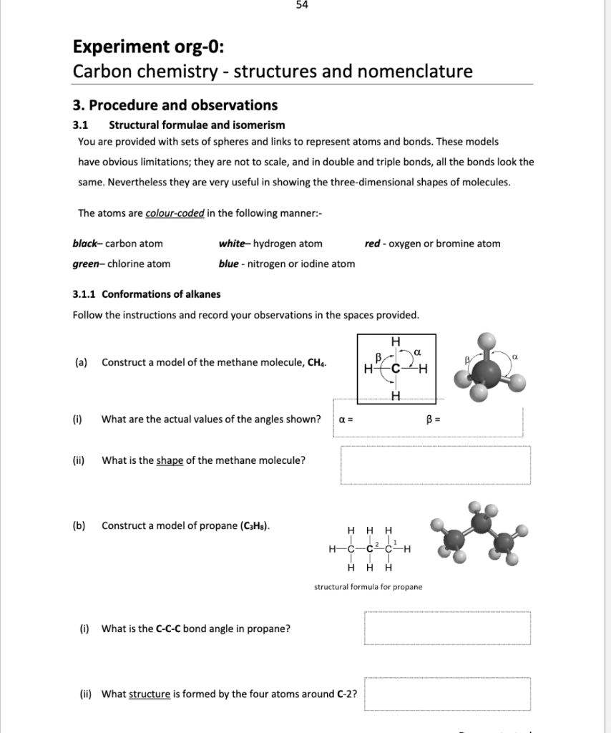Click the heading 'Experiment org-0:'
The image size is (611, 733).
click(148, 48)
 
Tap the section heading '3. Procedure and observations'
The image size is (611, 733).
click(175, 105)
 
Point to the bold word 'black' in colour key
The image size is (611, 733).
click(87, 244)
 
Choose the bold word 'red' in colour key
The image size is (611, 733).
click(372, 244)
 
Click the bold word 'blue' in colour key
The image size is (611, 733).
click(229, 264)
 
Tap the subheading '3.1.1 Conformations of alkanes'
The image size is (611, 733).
click(147, 294)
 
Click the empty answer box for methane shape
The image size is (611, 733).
click(435, 465)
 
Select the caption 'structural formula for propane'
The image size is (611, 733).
click(368, 587)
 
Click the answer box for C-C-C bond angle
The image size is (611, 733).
click(447, 628)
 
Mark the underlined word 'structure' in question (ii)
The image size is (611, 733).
click(150, 694)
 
